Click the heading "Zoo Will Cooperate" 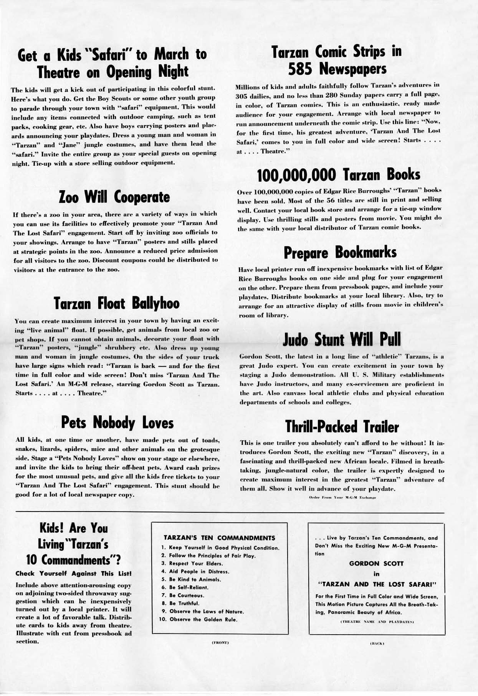tap(114, 197)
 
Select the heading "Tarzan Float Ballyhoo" tap(116, 303)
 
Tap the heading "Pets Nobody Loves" tap(117, 423)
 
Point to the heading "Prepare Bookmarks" tap(340, 253)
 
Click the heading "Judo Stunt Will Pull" tap(342, 339)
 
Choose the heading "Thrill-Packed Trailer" tap(342, 427)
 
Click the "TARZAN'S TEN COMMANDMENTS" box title tap(219, 538)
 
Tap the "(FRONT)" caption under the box tap(220, 643)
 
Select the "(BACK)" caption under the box tap(376, 643)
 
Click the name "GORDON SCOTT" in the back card tap(376, 564)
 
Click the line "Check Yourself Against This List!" tap(73, 574)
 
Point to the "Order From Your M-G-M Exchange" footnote tap(342, 497)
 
